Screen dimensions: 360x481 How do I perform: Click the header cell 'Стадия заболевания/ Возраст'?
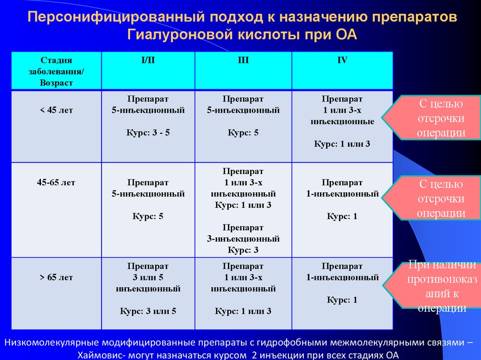(56, 71)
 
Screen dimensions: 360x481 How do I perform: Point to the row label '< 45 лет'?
(56, 110)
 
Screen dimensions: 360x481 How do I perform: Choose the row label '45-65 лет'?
(56, 183)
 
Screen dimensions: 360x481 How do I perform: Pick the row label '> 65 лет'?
(56, 277)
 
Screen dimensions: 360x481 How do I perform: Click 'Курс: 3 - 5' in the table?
(148, 133)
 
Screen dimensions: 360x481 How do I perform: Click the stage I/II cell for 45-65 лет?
(148, 210)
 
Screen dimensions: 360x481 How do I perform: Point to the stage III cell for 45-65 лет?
(243, 210)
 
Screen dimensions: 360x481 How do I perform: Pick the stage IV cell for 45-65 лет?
(342, 210)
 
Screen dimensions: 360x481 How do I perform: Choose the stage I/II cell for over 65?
(148, 293)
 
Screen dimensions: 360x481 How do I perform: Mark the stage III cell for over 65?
(243, 293)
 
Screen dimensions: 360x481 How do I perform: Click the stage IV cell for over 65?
(342, 293)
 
